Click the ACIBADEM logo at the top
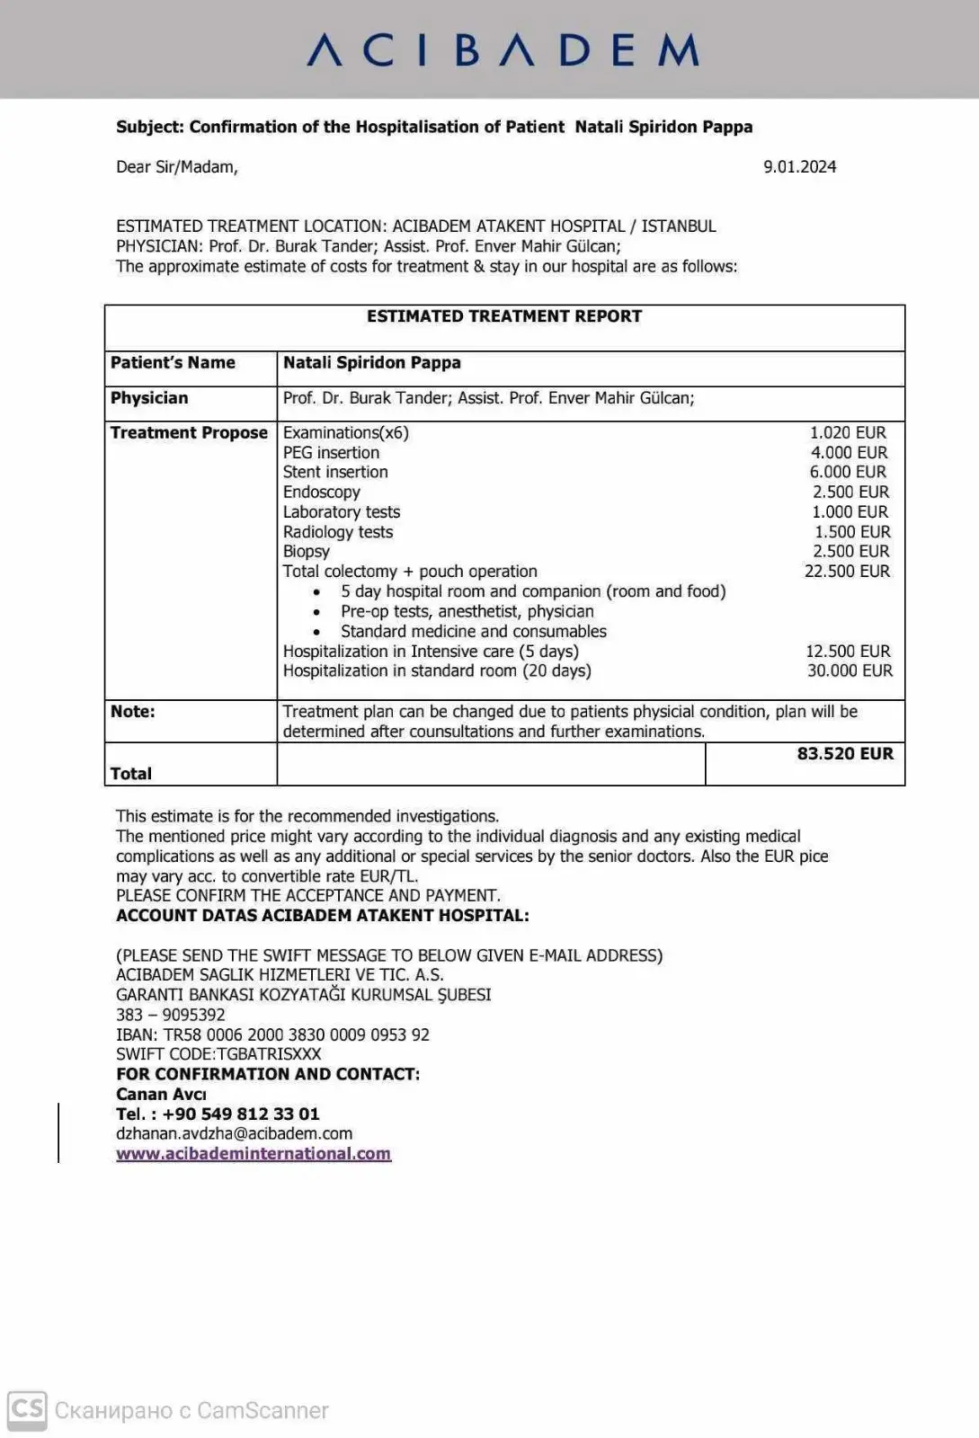[503, 50]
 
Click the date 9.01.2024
[799, 166]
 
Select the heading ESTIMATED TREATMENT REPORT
[503, 316]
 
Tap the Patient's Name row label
[173, 363]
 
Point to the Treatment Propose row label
[189, 433]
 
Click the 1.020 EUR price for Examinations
[848, 433]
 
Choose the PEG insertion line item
[331, 453]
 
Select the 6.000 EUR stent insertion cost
[848, 473]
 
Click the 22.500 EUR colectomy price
[847, 572]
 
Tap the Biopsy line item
[306, 552]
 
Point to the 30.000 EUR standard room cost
[850, 670]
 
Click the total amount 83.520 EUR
[845, 754]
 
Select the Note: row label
[132, 712]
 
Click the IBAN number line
[272, 1034]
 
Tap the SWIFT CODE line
[218, 1054]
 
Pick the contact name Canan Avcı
[161, 1094]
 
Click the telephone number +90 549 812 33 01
[218, 1114]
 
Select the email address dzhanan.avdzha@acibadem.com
[234, 1133]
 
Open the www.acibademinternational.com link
[254, 1154]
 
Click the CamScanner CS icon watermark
[27, 1409]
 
